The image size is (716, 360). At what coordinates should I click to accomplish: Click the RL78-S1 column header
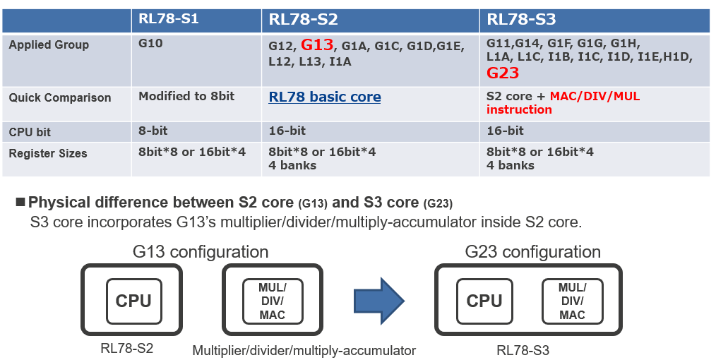[x=168, y=19]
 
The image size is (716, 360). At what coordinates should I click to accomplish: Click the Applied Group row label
[x=49, y=44]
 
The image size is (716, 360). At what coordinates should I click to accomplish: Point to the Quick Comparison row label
[x=59, y=97]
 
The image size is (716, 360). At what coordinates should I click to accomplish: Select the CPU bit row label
[x=30, y=132]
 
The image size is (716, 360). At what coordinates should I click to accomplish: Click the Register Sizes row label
[x=47, y=152]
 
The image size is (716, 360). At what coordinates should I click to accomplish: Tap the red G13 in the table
[x=317, y=45]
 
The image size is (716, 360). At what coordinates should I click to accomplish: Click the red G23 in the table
[x=503, y=73]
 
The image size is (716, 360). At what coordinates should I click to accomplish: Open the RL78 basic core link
[x=324, y=97]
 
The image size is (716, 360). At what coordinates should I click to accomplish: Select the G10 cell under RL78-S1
[x=150, y=44]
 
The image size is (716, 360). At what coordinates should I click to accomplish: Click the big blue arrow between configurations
[x=378, y=300]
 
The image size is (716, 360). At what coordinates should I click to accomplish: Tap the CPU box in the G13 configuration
[x=133, y=300]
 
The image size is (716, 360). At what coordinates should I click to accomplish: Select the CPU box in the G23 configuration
[x=484, y=300]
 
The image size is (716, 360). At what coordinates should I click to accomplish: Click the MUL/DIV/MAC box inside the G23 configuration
[x=571, y=301]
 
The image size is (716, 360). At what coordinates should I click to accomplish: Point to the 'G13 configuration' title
[x=201, y=252]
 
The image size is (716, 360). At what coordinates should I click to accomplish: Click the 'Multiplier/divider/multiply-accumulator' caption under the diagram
[x=304, y=350]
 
